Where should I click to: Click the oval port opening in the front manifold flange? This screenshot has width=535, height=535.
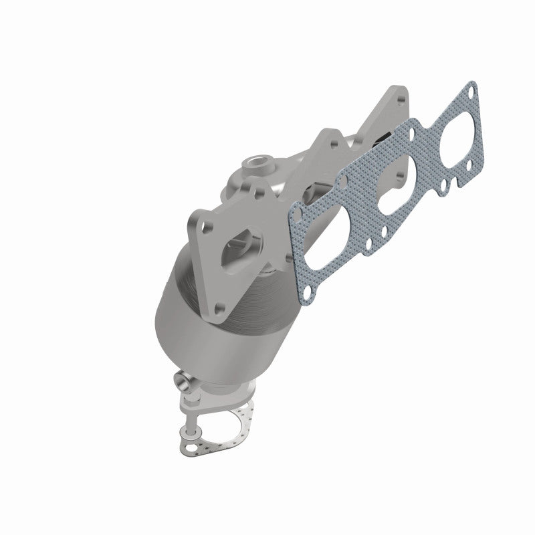(x=242, y=245)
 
